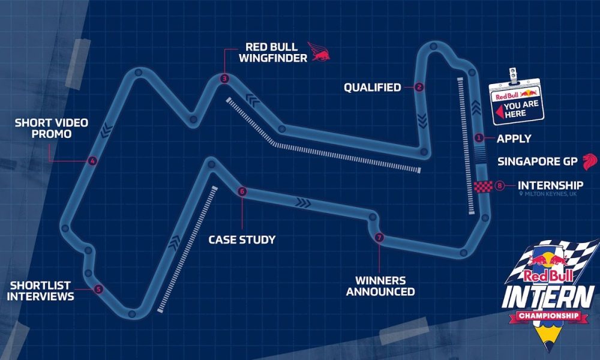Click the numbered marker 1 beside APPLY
coord(479,138)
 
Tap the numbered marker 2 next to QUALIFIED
coord(419,88)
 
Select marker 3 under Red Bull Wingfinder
coord(223,78)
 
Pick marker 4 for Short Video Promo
coord(91,161)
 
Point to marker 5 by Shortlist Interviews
coord(99,289)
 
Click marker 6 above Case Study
coord(242,192)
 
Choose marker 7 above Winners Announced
coord(379,238)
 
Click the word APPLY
coord(514,139)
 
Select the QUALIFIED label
coord(372,88)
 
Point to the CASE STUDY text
coord(242,240)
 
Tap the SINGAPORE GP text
coord(537,161)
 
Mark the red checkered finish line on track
coord(482,187)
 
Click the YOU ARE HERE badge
coord(515,103)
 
